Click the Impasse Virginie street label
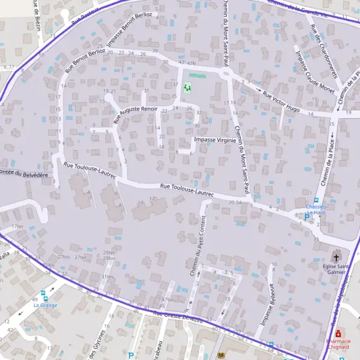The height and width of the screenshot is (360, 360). [214, 139]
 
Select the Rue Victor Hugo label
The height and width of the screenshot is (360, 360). [281, 100]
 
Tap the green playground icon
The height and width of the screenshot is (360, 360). [187, 88]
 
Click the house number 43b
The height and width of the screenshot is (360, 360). [191, 62]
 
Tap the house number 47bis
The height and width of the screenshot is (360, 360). [169, 299]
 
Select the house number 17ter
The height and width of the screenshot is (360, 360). [17, 226]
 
